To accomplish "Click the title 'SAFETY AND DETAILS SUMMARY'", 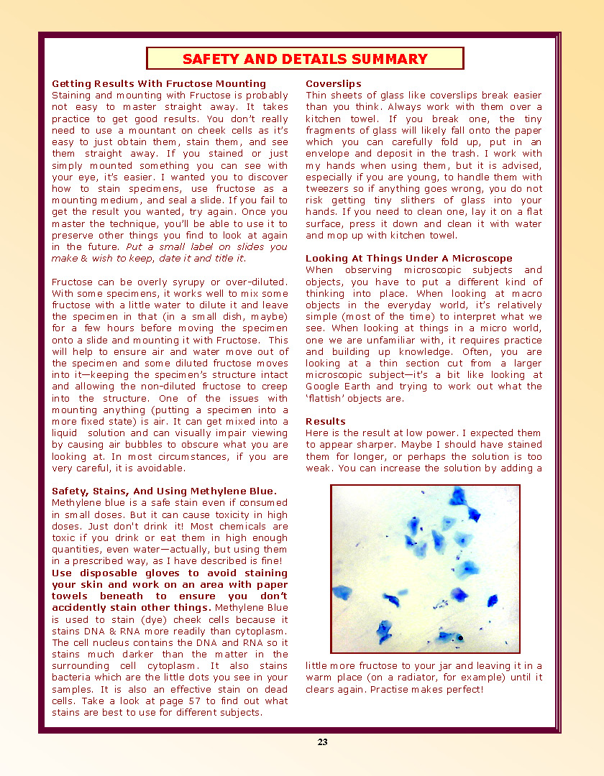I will tap(305, 59).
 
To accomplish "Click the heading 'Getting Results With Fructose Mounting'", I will tap(159, 84).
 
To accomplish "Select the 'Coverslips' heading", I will tap(334, 84).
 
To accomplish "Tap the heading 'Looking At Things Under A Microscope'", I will tap(409, 259).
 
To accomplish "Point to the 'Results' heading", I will tap(326, 422).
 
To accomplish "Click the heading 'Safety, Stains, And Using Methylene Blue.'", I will tap(164, 491).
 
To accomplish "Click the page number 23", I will tap(323, 742).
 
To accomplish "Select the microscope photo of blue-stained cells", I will tap(425, 569).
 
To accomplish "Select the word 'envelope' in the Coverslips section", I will tap(327, 154).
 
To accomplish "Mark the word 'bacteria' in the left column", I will tap(73, 678).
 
